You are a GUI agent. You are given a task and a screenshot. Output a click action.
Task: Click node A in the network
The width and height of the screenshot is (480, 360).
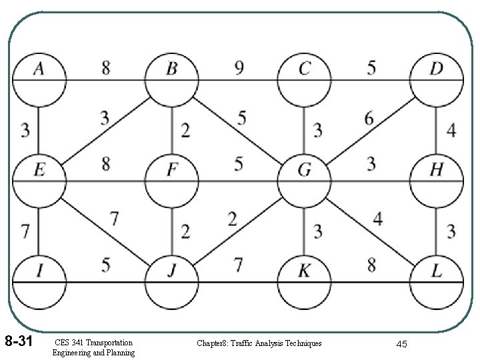coord(39,81)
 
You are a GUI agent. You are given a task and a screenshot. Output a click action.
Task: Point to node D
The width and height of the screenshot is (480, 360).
coord(436,81)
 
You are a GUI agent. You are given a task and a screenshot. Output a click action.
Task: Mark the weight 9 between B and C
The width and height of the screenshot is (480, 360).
coord(239,67)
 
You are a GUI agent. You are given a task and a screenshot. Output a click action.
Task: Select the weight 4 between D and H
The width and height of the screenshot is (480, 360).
coord(451,131)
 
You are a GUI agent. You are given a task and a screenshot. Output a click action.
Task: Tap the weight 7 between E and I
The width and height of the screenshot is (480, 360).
coord(24,232)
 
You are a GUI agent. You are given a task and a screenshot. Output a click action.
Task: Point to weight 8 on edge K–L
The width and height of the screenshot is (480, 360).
coord(372,265)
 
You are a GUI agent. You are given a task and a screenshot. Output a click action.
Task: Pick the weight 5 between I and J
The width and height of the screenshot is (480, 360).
coord(106,265)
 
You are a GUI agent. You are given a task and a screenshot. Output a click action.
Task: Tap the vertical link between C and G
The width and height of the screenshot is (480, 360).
coord(305,131)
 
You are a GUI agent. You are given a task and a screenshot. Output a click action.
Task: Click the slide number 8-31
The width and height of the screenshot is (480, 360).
coord(19,342)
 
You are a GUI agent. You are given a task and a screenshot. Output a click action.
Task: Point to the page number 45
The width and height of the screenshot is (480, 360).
coord(401,343)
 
